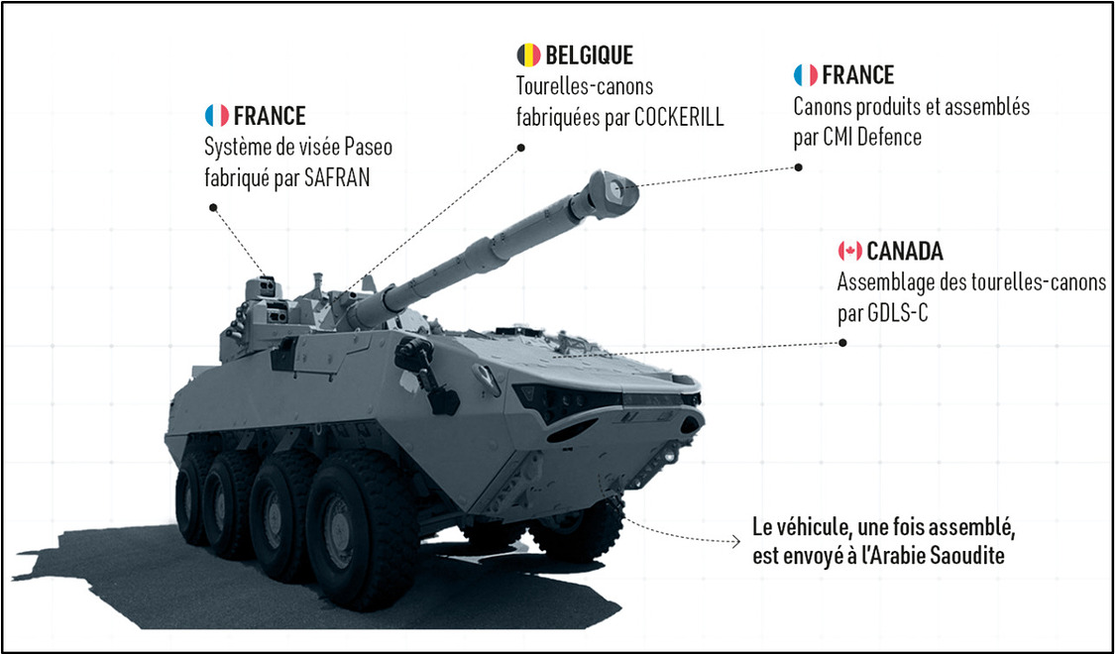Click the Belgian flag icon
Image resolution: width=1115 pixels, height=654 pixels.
(x=528, y=54)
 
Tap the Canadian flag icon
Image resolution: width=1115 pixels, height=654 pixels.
(x=849, y=251)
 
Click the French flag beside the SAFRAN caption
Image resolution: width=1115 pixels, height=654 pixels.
(x=216, y=116)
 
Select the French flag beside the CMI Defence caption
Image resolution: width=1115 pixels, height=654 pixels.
(x=805, y=75)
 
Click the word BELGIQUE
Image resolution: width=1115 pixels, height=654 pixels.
(x=589, y=54)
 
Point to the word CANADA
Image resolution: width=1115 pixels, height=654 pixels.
(x=905, y=251)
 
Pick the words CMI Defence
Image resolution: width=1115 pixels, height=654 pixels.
(x=871, y=139)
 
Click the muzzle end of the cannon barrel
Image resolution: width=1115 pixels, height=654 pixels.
(x=618, y=188)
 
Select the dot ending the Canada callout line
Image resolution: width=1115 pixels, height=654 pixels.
(x=842, y=343)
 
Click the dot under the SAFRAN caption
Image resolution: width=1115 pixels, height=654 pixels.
(x=212, y=208)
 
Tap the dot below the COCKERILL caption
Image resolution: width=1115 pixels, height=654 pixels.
(x=520, y=148)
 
